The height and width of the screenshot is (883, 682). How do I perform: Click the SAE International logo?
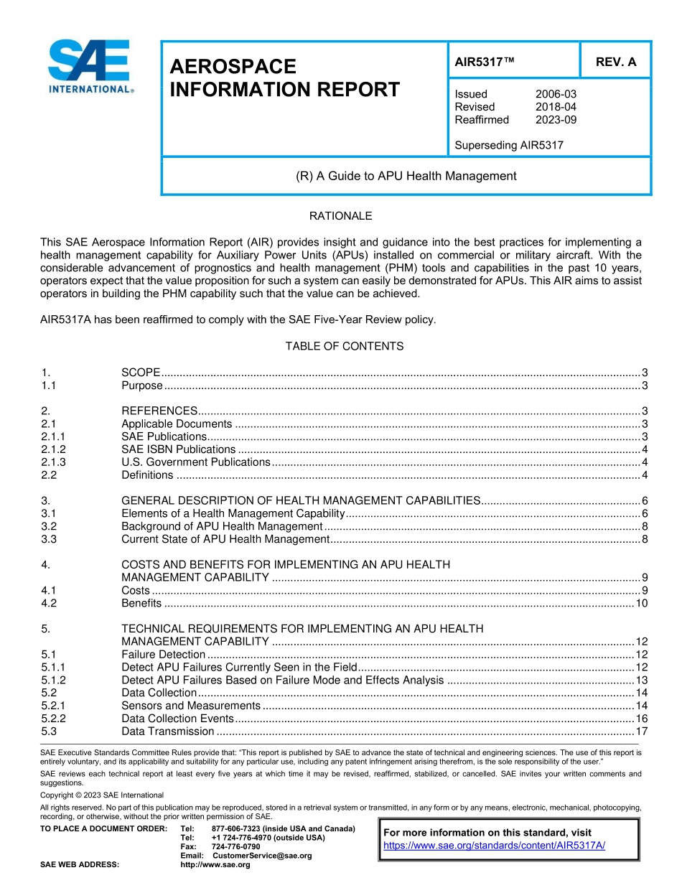(89, 66)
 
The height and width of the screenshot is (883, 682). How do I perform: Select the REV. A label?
(615, 62)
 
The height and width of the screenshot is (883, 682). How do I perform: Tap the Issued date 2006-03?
(556, 94)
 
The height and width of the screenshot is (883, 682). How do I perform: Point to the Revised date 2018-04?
(556, 107)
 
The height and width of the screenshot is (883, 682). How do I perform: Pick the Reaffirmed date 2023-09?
(556, 120)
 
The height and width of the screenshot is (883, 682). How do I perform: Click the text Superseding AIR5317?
(509, 145)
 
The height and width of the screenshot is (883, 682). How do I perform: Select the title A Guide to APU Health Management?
(406, 176)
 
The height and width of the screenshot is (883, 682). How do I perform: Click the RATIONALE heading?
(340, 216)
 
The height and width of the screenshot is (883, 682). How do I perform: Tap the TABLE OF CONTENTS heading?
(345, 346)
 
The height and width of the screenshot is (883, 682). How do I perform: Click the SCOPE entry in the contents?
(141, 372)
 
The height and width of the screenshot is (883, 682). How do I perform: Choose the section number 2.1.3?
(53, 462)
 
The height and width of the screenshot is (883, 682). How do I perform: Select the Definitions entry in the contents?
(147, 475)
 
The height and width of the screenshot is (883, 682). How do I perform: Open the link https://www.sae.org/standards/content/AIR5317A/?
(495, 845)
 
